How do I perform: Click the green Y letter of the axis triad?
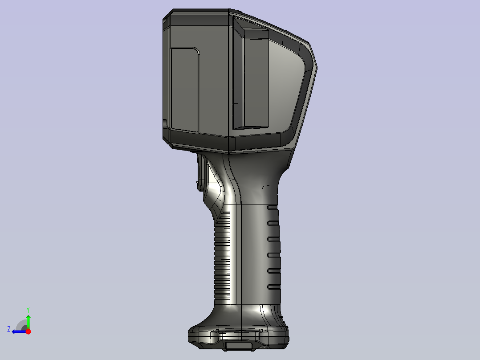click(28, 310)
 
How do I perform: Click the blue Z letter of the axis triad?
click(9, 329)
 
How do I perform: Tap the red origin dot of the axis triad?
click(28, 331)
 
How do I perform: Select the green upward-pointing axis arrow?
click(28, 322)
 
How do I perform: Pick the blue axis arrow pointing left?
click(19, 332)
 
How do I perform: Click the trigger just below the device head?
click(200, 172)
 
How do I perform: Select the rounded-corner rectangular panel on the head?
click(185, 90)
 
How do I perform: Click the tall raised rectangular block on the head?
click(256, 78)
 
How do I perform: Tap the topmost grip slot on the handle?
click(273, 208)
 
